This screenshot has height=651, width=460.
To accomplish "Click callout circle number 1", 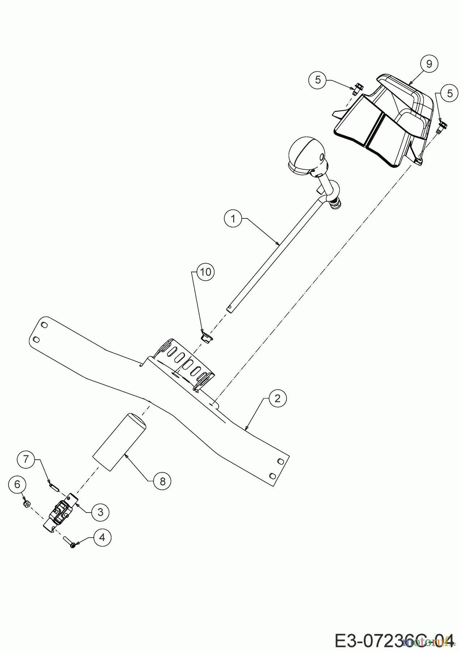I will pyautogui.click(x=233, y=218).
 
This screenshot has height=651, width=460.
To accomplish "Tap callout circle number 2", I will pyautogui.click(x=277, y=398).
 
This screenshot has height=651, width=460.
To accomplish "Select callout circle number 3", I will pyautogui.click(x=100, y=512).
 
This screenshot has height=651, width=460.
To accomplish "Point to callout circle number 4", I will pyautogui.click(x=102, y=537).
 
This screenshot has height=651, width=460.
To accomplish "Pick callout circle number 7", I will pyautogui.click(x=26, y=459).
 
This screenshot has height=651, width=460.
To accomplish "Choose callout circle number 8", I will pyautogui.click(x=162, y=481).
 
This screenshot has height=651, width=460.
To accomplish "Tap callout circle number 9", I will pyautogui.click(x=429, y=64).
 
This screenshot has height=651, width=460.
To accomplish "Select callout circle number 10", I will pyautogui.click(x=205, y=272).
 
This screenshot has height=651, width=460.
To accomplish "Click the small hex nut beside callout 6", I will pyautogui.click(x=26, y=504).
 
